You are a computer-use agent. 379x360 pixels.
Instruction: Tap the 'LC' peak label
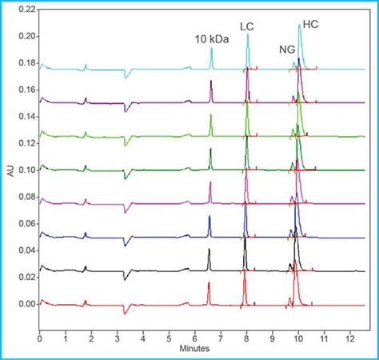pyautogui.click(x=247, y=26)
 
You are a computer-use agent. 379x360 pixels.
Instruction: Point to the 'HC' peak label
pyautogui.click(x=310, y=26)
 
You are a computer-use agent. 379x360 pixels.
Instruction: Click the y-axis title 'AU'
pyautogui.click(x=10, y=170)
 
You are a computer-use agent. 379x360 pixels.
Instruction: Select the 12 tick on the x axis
pyautogui.click(x=349, y=339)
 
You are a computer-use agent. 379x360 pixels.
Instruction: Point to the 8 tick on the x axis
pyautogui.click(x=246, y=339)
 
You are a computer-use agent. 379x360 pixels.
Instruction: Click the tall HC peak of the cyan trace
pyautogui.click(x=300, y=26)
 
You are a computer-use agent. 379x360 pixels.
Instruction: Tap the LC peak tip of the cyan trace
pyautogui.click(x=248, y=34)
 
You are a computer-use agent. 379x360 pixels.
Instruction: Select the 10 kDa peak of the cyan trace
pyautogui.click(x=212, y=49)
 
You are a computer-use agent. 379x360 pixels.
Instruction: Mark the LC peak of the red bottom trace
pyautogui.click(x=245, y=274)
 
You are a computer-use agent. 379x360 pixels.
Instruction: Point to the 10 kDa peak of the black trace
pyautogui.click(x=209, y=251)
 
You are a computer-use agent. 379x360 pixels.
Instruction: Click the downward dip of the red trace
pyautogui.click(x=124, y=312)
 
